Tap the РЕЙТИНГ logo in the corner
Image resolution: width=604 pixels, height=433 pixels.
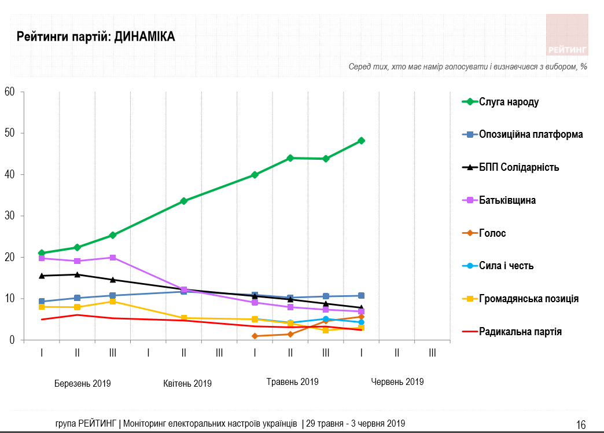pos(567,35)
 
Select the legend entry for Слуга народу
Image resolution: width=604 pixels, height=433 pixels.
pos(509,102)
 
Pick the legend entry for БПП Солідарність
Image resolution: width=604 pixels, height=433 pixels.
pos(518,167)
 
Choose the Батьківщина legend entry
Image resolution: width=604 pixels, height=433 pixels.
pos(507,200)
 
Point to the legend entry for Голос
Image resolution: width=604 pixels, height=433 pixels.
pos(492,233)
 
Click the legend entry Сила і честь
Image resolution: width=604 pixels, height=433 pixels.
pos(506,266)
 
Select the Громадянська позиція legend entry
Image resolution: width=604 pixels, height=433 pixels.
pos(528,299)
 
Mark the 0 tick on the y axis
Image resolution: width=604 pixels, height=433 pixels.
pos(12,340)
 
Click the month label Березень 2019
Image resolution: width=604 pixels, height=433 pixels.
pos(83,383)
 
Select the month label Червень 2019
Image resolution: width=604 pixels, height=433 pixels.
pos(397,382)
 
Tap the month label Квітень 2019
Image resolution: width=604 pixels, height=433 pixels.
pos(187,383)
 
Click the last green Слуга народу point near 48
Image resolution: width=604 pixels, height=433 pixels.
pos(361,141)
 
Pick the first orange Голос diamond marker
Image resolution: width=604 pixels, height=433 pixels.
pos(255,336)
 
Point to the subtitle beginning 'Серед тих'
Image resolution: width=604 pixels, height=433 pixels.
pos(467,67)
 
